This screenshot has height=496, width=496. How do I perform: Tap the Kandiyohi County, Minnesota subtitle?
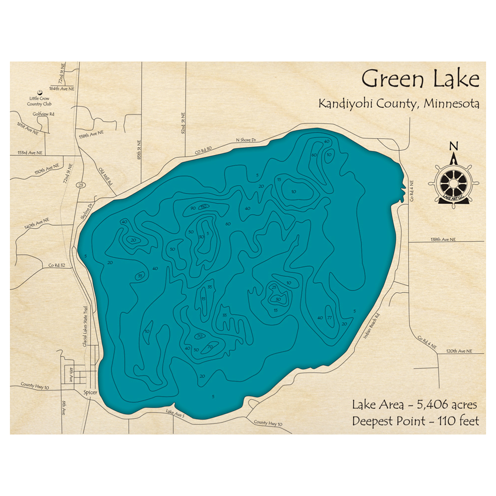(399, 104)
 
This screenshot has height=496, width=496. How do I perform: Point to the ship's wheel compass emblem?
(453, 182)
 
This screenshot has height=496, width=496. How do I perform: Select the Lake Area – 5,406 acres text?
(415, 405)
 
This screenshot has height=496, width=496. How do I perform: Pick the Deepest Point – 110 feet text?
(416, 421)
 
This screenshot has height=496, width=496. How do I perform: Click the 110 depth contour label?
(203, 206)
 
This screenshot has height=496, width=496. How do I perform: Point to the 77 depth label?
(330, 317)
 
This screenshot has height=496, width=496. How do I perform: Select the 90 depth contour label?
(192, 208)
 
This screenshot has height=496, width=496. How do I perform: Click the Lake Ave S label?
(175, 413)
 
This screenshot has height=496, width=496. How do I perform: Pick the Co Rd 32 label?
(56, 265)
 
